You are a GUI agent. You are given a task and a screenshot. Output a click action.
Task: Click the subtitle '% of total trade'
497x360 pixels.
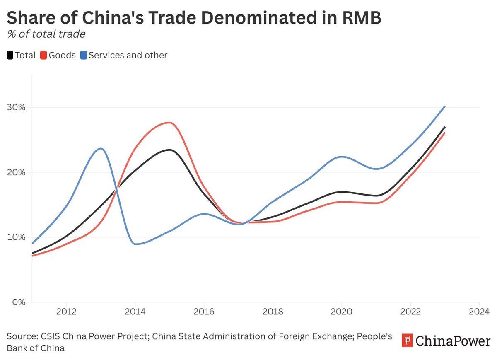pyautogui.click(x=46, y=34)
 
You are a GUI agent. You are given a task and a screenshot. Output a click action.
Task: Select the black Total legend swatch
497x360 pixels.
pyautogui.click(x=10, y=55)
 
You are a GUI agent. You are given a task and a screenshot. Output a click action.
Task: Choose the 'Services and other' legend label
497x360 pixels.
pyautogui.click(x=128, y=55)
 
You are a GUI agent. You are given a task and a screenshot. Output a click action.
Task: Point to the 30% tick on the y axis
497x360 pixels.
pyautogui.click(x=17, y=107)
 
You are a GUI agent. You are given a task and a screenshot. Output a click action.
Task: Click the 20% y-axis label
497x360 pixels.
pyautogui.click(x=17, y=172)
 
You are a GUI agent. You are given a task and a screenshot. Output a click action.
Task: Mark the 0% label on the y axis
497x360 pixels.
pyautogui.click(x=19, y=302)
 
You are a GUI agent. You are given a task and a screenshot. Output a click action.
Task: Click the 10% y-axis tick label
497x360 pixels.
pyautogui.click(x=17, y=237)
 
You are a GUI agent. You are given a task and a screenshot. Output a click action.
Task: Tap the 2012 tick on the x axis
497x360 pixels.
pyautogui.click(x=66, y=311)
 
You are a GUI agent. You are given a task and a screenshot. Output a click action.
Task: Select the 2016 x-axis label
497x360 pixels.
pyautogui.click(x=204, y=311)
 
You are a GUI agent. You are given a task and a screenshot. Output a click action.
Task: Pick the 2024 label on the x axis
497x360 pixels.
pyautogui.click(x=479, y=311)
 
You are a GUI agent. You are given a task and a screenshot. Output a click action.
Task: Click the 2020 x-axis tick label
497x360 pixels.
pyautogui.click(x=341, y=311)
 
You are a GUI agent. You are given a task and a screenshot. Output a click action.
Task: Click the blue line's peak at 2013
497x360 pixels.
pyautogui.click(x=100, y=148)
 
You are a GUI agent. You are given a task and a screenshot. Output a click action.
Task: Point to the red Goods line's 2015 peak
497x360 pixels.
pyautogui.click(x=169, y=123)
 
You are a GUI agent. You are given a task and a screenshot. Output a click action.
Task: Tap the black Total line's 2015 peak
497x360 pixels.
pyautogui.click(x=169, y=150)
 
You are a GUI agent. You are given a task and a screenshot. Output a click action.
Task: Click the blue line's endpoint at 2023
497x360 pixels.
pyautogui.click(x=444, y=106)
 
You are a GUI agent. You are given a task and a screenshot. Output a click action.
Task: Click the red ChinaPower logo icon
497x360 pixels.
pyautogui.click(x=407, y=341)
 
